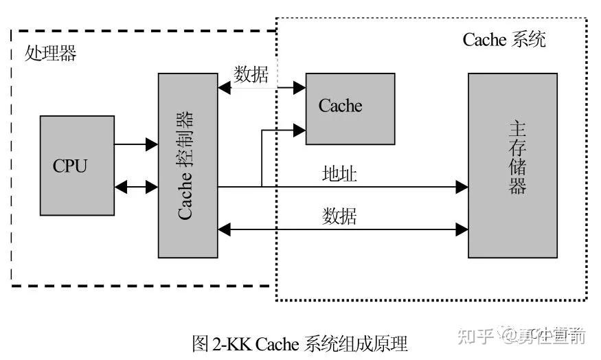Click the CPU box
coord(77,165)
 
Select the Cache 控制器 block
coord(188,165)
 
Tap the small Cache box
coord(350,109)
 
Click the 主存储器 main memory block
coord(512,165)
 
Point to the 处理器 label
coord(51,54)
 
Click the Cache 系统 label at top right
coord(504,39)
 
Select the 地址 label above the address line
coord(339,174)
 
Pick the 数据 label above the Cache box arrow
coord(251,74)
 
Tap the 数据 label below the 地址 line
coord(339,216)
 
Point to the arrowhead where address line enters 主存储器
coord(462,186)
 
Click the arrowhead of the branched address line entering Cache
coord(300,127)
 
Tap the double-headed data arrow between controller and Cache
coord(261,87)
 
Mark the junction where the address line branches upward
coord(262,186)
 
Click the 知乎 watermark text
coord(475,336)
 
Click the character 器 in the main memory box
coord(517,187)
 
